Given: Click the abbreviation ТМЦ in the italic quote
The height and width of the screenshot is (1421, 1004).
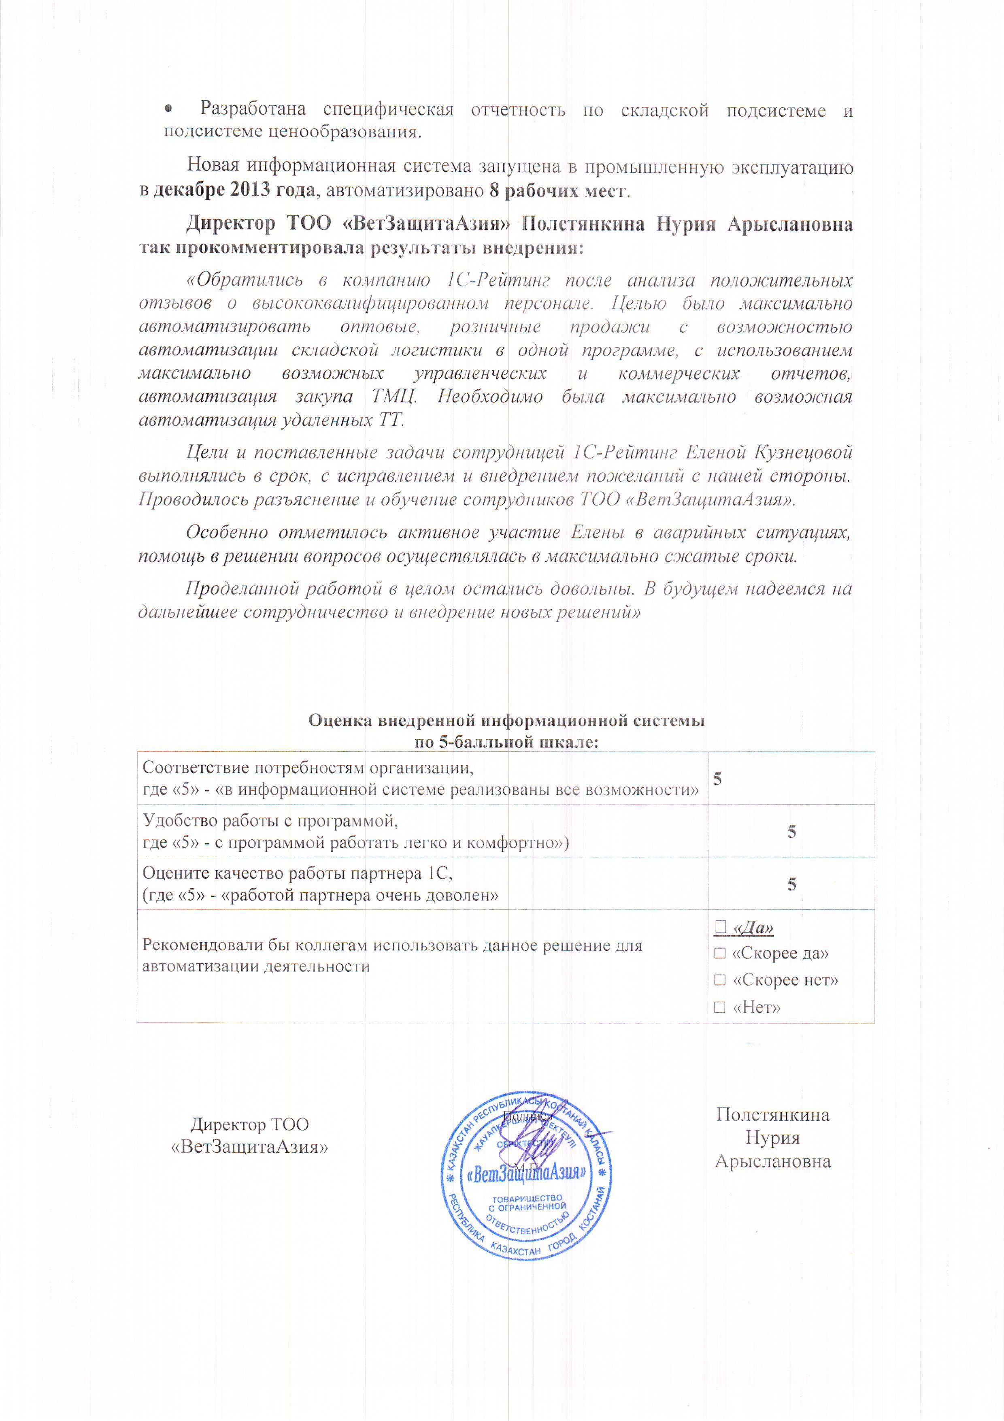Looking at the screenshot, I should click(394, 396).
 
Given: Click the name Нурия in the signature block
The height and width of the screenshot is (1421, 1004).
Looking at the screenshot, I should click(773, 1137).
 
